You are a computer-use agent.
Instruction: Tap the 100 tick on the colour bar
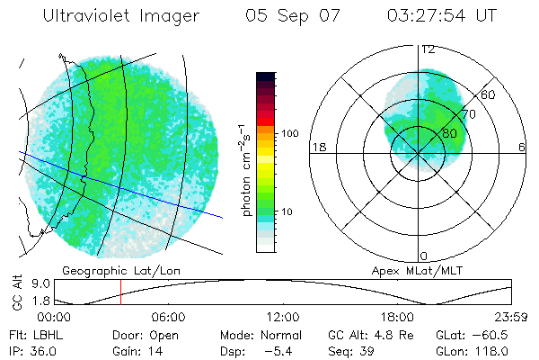[288, 133]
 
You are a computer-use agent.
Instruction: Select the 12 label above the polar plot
[429, 49]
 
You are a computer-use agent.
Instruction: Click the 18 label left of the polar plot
[317, 147]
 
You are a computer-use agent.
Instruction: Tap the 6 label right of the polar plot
[522, 147]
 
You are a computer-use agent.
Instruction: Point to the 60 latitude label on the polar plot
[489, 94]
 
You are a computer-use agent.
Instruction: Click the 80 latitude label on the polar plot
[449, 134]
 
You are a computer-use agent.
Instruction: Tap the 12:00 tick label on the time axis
[283, 317]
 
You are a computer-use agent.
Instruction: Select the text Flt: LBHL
[30, 335]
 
